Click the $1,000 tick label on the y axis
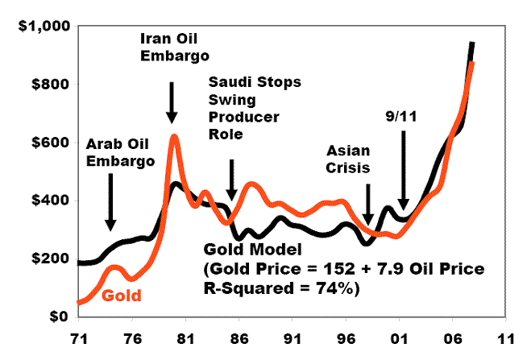pos(45,26)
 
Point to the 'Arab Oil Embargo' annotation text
pos(119,153)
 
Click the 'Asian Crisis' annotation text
pos(348,159)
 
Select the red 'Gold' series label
pos(122,296)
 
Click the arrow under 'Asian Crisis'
pos(368,202)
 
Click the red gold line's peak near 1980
pos(172,138)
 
